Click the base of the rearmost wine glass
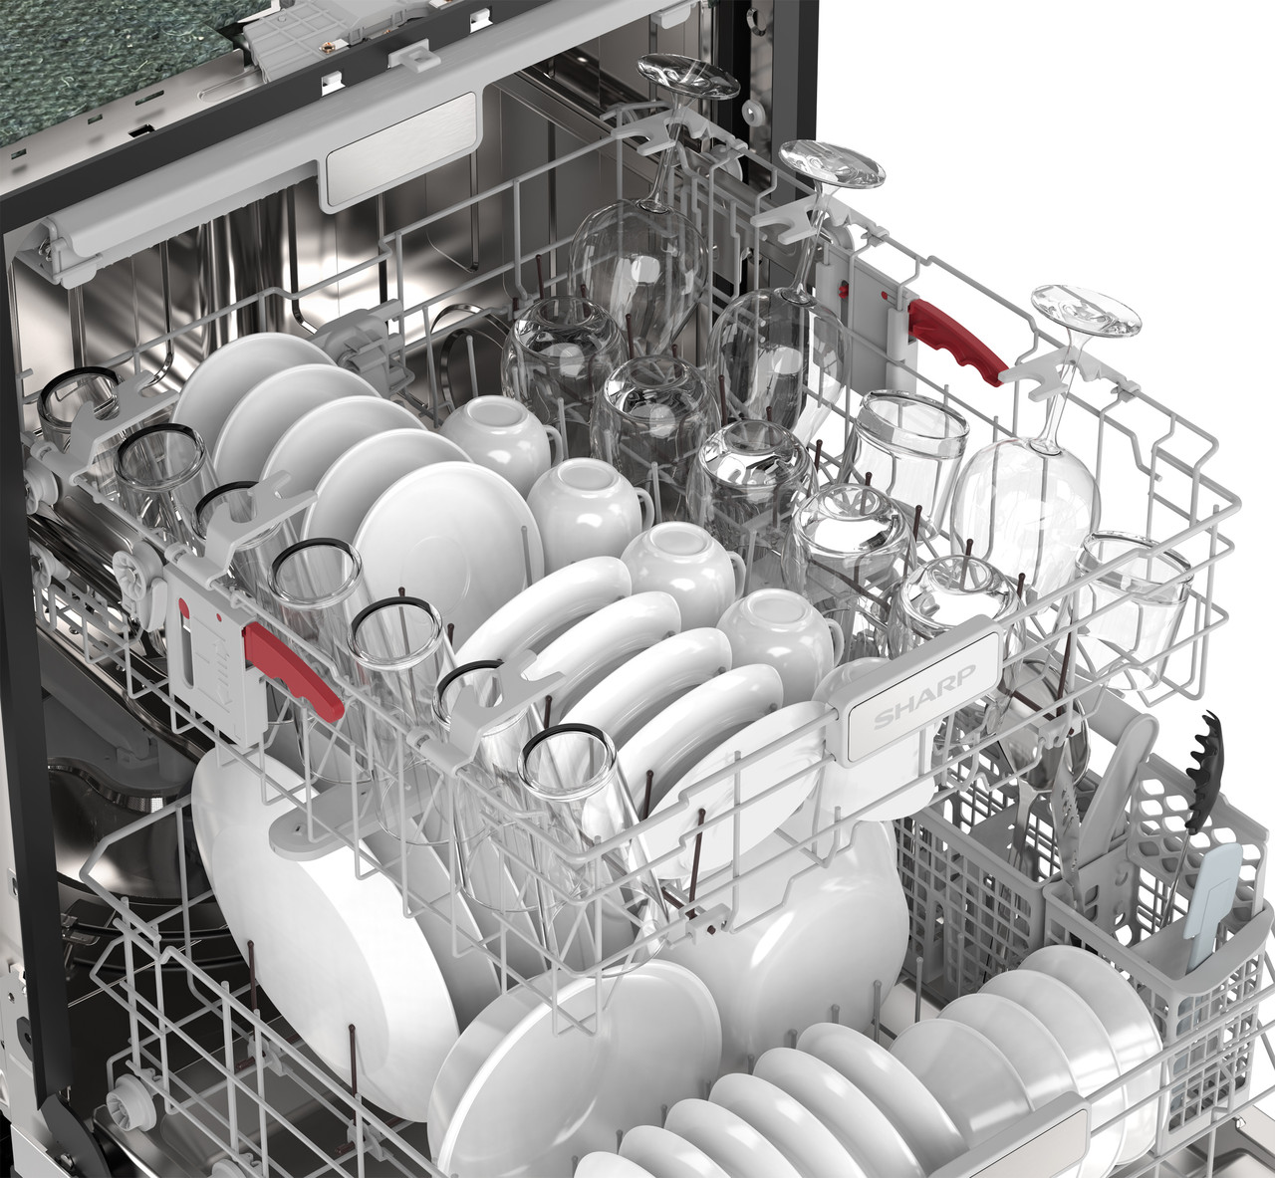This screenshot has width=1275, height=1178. (689, 76)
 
